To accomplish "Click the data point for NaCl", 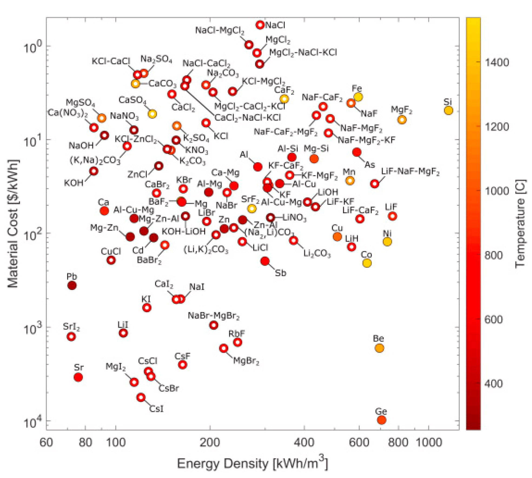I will coord(260,25).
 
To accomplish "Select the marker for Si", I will coord(448,110).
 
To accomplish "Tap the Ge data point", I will coord(381,420).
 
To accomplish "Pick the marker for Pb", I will coord(72,285).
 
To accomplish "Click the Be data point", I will coord(379,348).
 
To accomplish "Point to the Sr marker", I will coord(78,377).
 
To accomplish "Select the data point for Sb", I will coord(265,261).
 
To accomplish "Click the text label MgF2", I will coord(401,110).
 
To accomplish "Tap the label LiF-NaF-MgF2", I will coord(410,172).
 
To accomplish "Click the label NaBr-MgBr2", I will coord(214,316).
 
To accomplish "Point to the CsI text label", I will coord(156,409).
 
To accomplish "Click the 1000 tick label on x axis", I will coord(428,443).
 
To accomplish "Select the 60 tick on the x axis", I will coord(46,443).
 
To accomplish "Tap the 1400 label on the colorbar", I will coord(497,62).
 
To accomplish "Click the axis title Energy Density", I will coord(252,464).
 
